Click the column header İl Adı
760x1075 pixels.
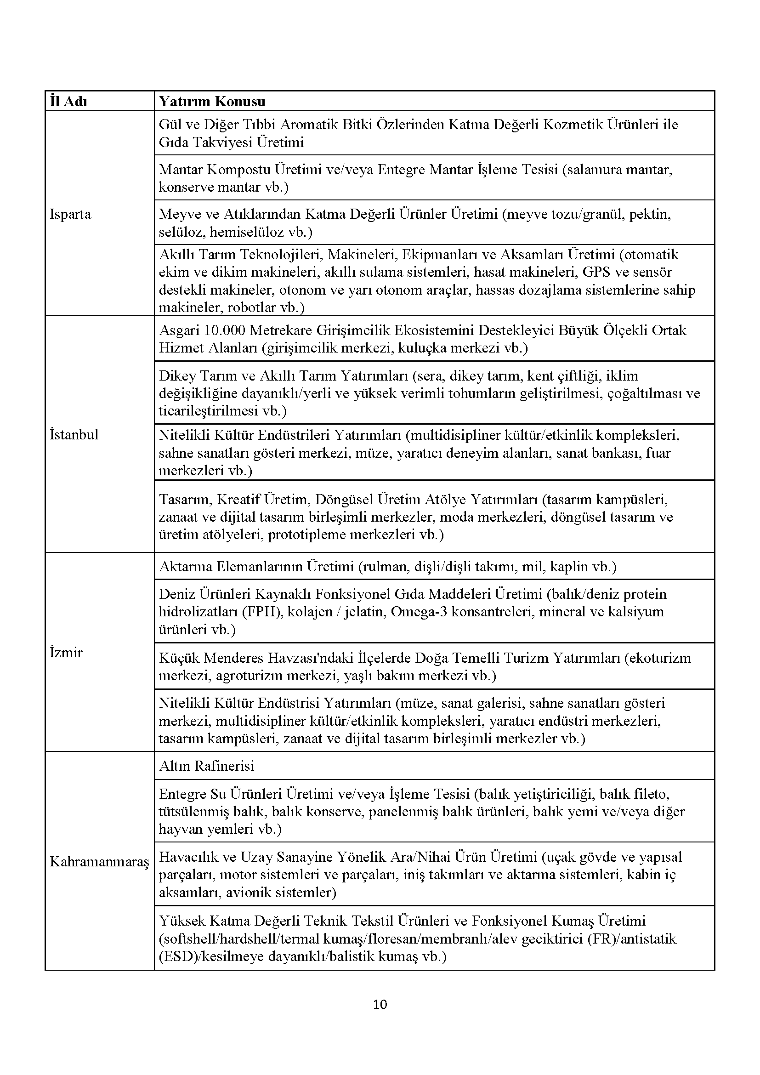pyautogui.click(x=69, y=102)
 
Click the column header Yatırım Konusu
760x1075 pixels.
pyautogui.click(x=212, y=102)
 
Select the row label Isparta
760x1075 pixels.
pyautogui.click(x=70, y=215)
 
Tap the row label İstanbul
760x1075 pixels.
pyautogui.click(x=74, y=434)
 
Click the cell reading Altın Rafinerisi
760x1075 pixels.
pyautogui.click(x=206, y=766)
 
